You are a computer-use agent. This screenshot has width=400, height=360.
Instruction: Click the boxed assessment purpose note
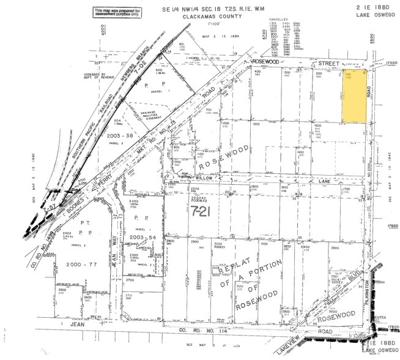117,12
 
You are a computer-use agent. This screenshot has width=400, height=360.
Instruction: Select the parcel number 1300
256,124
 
